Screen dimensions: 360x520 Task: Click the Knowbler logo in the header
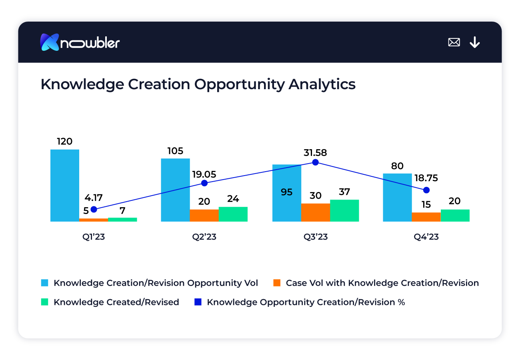pos(80,42)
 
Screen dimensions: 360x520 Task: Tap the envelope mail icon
pos(454,42)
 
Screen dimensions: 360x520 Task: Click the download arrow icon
pos(475,42)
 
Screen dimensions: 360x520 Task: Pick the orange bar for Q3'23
pos(316,212)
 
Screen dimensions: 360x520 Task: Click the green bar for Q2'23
pos(233,214)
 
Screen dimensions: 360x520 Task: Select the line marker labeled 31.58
pos(315,162)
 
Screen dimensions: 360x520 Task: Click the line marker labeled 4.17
pos(94,209)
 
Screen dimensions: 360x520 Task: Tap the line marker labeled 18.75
pos(426,190)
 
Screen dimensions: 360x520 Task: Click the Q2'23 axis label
pos(204,237)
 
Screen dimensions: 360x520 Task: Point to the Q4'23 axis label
pos(426,237)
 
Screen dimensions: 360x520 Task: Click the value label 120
pos(64,141)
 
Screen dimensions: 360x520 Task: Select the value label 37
pos(344,192)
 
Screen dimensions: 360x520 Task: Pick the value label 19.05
pos(204,174)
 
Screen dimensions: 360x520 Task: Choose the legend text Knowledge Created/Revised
pos(116,302)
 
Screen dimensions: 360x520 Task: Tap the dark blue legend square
pos(198,302)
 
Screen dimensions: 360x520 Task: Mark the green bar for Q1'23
pos(122,219)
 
